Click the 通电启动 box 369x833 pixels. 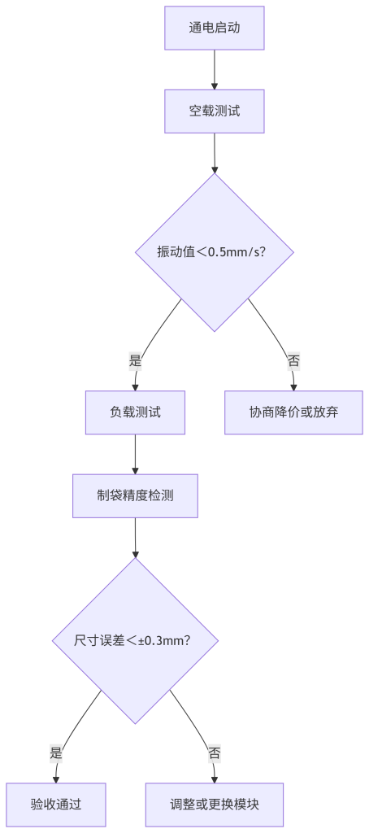215,28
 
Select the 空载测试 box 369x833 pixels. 215,111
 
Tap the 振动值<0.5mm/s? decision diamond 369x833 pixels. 215,252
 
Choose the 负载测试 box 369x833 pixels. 136,412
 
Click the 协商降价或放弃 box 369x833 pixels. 293,412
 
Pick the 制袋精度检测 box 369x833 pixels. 136,495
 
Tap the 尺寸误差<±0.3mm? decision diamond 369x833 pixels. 136,641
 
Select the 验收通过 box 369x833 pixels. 56,805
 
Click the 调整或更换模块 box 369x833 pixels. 215,805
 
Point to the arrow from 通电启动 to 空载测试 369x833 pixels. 215,70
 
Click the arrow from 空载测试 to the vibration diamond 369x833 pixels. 215,153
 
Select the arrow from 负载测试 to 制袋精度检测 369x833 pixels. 136,454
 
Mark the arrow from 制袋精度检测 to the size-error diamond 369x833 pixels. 136,538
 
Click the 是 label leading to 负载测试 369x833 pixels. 136,362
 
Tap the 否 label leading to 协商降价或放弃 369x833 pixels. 293,362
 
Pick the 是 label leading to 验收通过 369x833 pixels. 56,753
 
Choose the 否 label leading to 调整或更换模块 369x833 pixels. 215,753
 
